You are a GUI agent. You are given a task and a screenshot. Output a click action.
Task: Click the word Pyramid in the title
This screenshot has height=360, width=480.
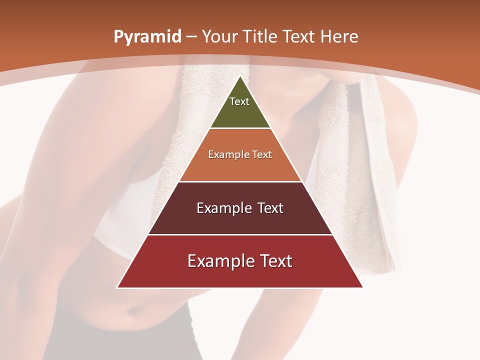(x=147, y=37)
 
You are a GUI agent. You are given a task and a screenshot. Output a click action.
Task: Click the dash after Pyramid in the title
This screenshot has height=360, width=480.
(x=191, y=37)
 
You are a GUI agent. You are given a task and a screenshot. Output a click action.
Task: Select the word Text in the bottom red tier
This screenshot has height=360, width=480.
(x=273, y=261)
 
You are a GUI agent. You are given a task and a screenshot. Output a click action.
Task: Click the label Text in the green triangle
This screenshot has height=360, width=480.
(x=239, y=101)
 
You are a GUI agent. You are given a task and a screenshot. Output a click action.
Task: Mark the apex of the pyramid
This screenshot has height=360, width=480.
(x=240, y=76)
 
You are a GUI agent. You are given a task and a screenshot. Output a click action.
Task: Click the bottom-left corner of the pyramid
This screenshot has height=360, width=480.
(x=117, y=287)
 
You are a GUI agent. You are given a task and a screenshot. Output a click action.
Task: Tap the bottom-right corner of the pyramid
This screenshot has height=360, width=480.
(x=362, y=287)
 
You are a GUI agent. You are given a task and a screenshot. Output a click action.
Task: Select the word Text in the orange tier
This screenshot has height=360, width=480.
(x=261, y=155)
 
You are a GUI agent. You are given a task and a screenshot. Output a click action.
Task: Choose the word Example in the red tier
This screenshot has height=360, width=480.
(x=217, y=261)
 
